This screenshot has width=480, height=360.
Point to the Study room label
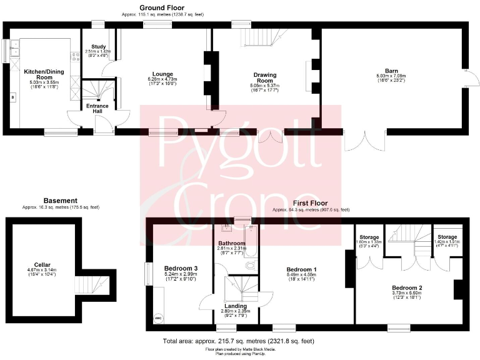(98, 46)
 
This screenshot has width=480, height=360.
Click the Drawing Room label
(264, 77)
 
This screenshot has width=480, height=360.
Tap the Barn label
(392, 71)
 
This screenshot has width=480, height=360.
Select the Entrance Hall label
(97, 109)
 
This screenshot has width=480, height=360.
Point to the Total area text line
(238, 341)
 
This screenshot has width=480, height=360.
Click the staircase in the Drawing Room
(259, 39)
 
